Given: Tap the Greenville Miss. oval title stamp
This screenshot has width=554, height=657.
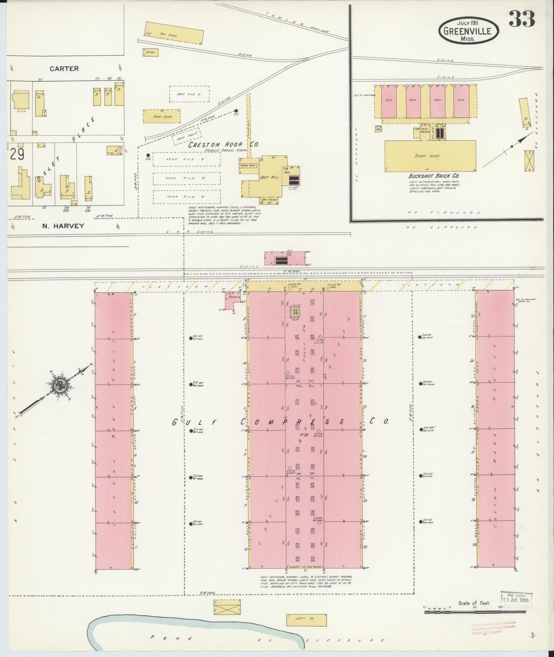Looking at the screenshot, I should [469, 30].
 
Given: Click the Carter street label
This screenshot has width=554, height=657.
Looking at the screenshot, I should [64, 69].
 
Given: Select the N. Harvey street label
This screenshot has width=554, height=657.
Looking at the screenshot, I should [63, 226].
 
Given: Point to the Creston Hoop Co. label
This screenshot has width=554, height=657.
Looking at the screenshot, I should [223, 145].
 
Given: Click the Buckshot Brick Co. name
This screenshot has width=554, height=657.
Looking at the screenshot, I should [433, 176].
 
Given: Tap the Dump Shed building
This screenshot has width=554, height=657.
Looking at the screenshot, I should [430, 156].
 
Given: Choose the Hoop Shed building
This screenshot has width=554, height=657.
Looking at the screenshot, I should [161, 116].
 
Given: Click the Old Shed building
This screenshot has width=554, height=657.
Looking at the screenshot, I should [174, 33].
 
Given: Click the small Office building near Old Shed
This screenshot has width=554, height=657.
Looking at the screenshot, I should [151, 52].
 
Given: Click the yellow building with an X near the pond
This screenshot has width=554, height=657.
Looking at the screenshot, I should [227, 608].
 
